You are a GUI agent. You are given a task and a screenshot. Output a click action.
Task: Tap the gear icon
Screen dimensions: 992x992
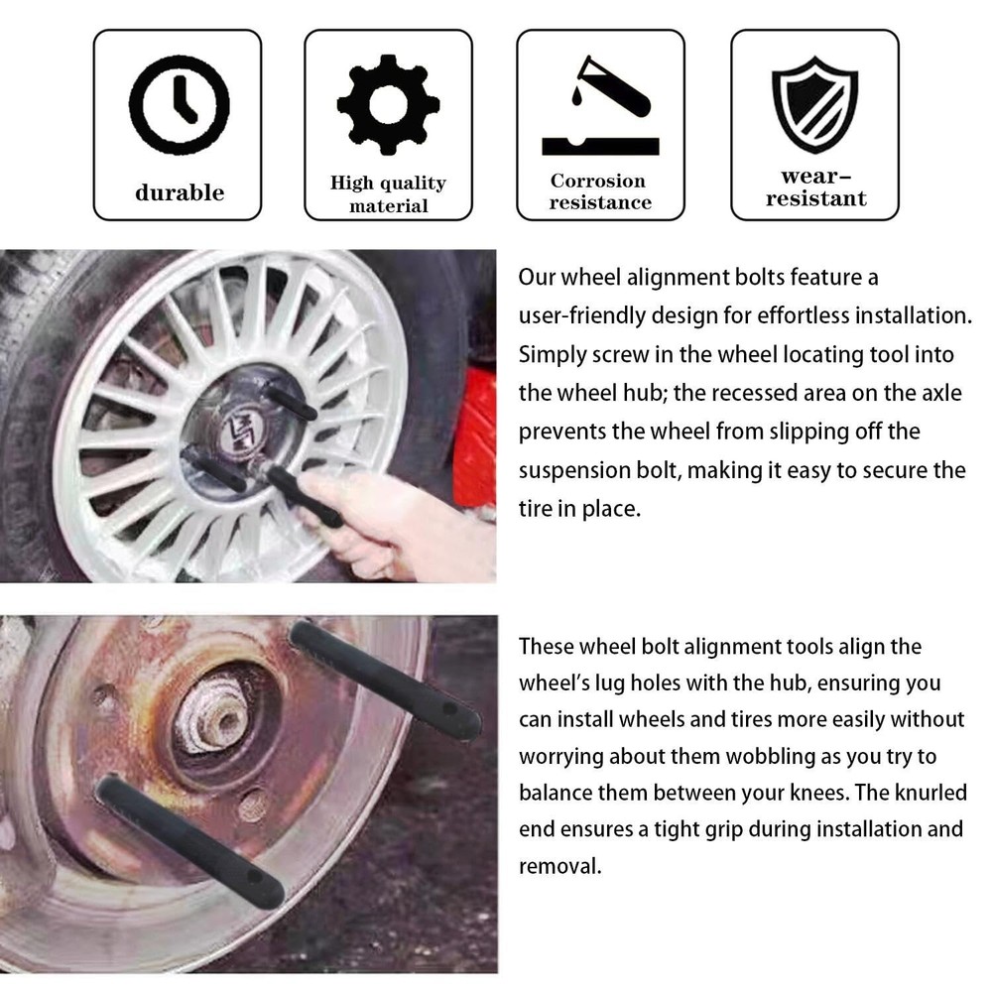click(387, 103)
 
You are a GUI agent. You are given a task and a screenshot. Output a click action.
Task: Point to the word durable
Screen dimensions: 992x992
click(180, 192)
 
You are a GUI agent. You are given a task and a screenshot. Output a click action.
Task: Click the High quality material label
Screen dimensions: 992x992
click(388, 194)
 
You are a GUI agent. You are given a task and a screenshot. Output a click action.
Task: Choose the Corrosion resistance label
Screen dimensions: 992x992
click(599, 191)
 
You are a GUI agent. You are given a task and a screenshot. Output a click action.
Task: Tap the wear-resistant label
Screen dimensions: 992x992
click(815, 187)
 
